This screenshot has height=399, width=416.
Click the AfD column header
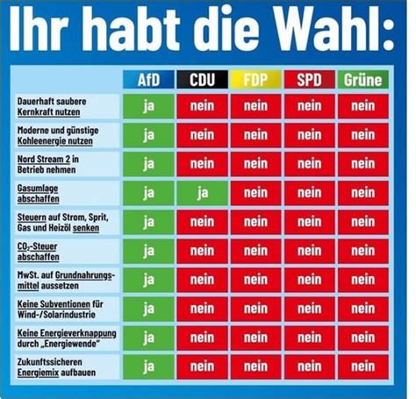coord(148,80)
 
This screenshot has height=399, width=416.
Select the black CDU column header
coord(202,80)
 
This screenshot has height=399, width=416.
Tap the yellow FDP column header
coord(255,80)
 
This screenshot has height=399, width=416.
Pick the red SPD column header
coord(310,80)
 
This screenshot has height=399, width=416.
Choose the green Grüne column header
coord(363,80)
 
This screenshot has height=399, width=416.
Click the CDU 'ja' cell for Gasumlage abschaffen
coord(202,193)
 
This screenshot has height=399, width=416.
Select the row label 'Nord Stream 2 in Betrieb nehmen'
coord(48,164)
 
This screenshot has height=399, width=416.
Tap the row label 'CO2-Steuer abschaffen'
coord(38,252)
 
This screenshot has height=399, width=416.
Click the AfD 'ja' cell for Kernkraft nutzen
coord(148,106)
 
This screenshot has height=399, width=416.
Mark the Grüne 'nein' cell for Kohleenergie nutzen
coord(363,135)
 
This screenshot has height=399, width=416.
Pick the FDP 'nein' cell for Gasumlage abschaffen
coord(255,193)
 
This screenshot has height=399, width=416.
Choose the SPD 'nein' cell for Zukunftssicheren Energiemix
coord(310,367)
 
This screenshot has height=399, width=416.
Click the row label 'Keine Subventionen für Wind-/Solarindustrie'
coord(60,310)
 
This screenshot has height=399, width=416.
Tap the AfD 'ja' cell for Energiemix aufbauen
coord(148,367)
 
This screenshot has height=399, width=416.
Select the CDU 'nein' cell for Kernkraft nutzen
coord(202,106)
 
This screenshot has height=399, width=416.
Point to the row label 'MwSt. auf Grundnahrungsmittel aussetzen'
coord(66,281)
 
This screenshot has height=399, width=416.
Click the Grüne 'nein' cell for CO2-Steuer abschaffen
coord(363,251)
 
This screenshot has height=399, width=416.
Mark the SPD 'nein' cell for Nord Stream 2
coord(310,164)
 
